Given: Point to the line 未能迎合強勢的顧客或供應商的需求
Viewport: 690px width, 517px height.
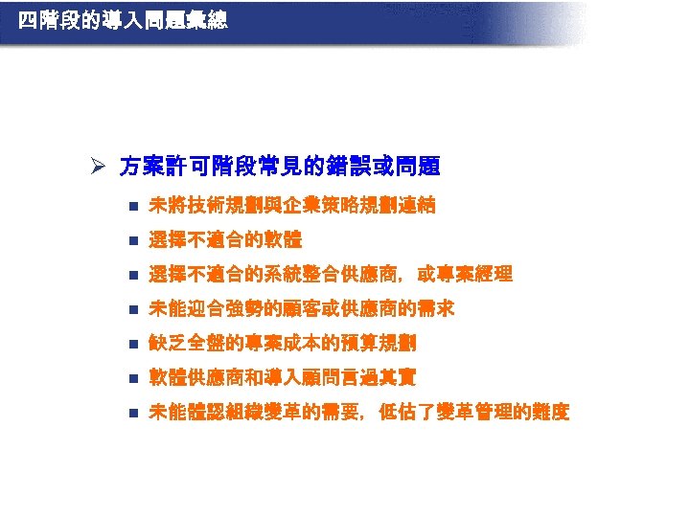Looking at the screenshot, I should pos(302,308).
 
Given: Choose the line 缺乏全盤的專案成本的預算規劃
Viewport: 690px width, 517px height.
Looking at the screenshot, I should pos(283,343).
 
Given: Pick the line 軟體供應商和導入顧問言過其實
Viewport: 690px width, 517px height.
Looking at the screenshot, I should pos(283,377).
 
